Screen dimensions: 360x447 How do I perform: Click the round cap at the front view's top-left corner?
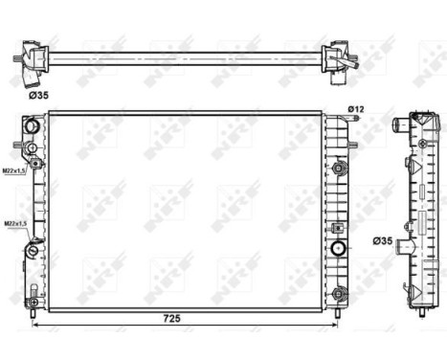32,126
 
